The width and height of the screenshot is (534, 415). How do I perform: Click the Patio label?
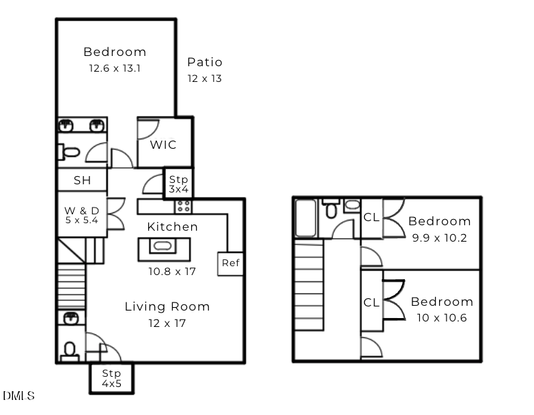tap(205, 62)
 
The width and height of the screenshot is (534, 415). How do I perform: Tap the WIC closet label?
tap(163, 145)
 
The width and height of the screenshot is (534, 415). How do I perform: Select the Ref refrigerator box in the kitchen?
tap(231, 263)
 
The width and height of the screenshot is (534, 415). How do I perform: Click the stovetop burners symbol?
tap(183, 206)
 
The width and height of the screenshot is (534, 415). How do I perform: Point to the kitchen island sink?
tap(163, 246)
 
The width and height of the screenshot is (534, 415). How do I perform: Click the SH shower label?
tap(83, 180)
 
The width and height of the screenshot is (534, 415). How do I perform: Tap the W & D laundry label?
tap(82, 211)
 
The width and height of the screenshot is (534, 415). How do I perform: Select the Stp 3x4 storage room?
tap(178, 184)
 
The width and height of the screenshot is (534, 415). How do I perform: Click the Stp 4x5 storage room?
tap(112, 379)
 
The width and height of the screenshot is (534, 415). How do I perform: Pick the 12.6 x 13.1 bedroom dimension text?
tap(115, 68)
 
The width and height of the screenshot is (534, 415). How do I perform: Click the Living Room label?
tap(167, 306)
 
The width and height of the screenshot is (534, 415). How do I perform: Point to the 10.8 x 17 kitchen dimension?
tap(172, 272)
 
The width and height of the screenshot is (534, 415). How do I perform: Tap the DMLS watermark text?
tap(18, 396)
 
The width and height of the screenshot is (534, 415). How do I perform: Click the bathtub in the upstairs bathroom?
tap(305, 218)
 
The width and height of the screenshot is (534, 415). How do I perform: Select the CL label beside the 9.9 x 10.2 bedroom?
tap(371, 217)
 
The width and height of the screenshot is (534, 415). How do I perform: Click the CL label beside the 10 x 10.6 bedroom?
tap(371, 302)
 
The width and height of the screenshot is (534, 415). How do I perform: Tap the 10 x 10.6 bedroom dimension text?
tap(442, 318)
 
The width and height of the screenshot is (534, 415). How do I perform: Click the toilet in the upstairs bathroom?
tap(331, 208)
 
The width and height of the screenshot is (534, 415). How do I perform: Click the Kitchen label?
tap(172, 227)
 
